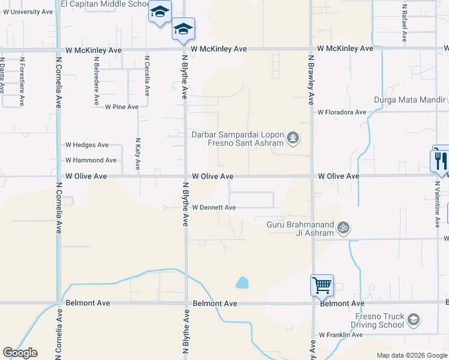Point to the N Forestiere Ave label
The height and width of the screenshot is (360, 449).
point(22,82)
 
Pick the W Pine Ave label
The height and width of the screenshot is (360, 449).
point(122,107)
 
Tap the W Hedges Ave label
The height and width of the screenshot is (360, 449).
point(87,145)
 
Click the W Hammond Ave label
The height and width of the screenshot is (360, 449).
point(91,160)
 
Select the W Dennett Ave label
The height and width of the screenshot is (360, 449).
point(214,208)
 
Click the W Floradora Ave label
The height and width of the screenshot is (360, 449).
point(342,112)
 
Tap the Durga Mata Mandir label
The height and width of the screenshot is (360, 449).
point(411,100)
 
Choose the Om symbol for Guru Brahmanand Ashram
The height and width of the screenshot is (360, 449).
point(345,228)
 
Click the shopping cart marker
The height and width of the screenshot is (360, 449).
point(322,285)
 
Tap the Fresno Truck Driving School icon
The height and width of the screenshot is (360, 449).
point(413,320)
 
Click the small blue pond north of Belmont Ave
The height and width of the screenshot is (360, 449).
point(242,282)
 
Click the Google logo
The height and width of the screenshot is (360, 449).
point(20,353)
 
